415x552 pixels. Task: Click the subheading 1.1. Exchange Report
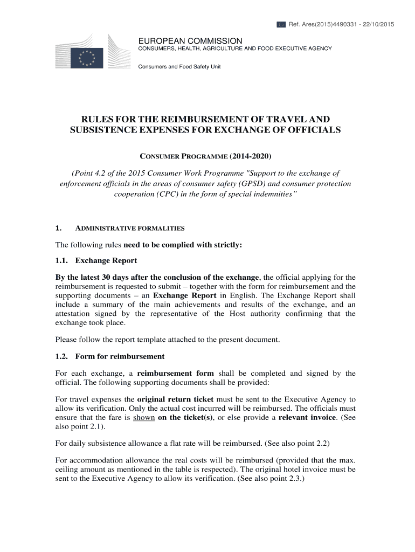point(96,261)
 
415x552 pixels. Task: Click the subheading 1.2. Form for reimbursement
point(110,356)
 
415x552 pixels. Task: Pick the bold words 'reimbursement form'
point(176,374)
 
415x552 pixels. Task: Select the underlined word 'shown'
point(144,417)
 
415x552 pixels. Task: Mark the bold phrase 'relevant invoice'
point(305,417)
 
